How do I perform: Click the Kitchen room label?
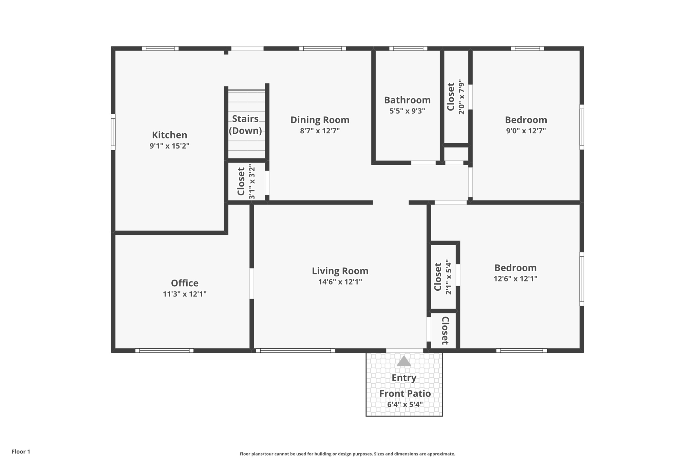coord(169,135)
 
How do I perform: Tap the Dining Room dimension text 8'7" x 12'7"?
coord(320,131)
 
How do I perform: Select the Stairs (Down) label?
coord(245,124)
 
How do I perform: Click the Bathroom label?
coord(407,100)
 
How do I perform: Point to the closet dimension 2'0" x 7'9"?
coord(461,97)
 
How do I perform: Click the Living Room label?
coord(340,271)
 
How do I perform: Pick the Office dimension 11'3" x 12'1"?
coord(185,294)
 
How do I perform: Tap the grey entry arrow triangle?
coord(404,362)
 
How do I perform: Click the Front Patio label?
coord(405,393)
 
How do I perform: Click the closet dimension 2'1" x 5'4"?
coord(449,277)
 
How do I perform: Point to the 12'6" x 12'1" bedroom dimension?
coord(515,279)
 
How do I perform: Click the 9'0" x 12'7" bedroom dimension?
coord(526,131)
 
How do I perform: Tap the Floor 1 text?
coord(21,451)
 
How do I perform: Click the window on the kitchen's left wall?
coord(113,132)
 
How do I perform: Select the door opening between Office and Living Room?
coord(252,284)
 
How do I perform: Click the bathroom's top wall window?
coord(408,49)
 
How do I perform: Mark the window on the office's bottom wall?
coord(164,350)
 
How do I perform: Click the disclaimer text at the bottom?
coord(347,454)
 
